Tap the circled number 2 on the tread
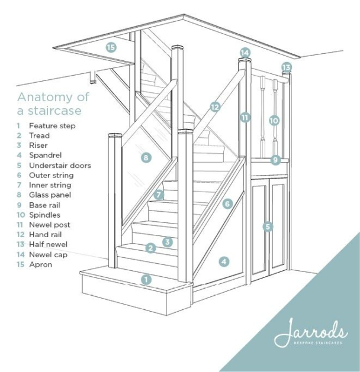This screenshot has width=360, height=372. (151, 248)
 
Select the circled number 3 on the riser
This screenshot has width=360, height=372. (168, 241)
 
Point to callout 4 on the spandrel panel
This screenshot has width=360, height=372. (223, 261)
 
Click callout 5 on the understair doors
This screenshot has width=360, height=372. (268, 226)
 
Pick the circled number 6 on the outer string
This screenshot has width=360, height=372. (227, 203)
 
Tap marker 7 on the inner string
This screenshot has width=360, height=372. (158, 194)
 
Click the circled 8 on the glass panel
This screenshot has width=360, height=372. (146, 157)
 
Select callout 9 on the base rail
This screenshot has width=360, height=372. (275, 160)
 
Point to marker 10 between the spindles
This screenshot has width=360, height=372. (274, 120)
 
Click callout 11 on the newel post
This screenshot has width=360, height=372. (245, 117)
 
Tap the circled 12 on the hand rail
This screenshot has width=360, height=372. (214, 107)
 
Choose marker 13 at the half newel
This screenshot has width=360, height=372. (287, 67)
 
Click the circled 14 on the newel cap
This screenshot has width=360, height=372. (245, 53)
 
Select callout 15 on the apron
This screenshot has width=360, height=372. (111, 47)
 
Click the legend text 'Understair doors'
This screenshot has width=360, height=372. (60, 166)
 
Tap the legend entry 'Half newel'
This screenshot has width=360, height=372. (48, 244)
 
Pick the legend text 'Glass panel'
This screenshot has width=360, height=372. (50, 195)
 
